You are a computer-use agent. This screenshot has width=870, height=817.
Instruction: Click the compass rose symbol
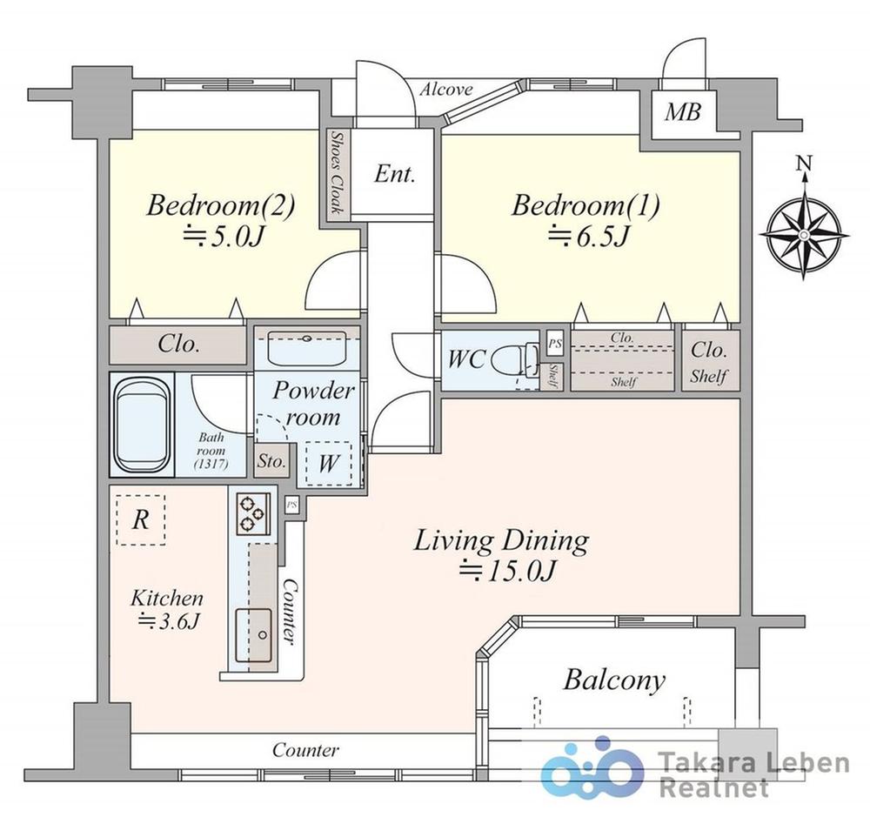point(804,234)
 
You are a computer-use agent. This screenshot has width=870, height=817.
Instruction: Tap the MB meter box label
point(682,112)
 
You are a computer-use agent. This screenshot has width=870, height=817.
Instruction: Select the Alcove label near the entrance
point(445,90)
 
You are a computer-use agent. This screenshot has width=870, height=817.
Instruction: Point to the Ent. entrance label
point(394,174)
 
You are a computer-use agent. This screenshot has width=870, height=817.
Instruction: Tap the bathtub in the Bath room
point(142,424)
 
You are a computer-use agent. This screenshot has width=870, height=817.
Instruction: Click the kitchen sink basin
point(253,635)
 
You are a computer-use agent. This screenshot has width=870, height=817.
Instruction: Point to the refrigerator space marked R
point(141,520)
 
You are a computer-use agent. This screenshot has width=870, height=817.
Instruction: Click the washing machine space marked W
point(329,464)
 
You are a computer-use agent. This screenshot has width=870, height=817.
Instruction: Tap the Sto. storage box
point(271,460)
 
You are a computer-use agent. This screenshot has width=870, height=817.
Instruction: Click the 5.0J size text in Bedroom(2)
point(223,237)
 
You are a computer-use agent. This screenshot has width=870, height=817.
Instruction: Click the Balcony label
point(613,680)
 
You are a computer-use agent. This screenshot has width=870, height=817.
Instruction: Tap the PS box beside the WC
point(554,345)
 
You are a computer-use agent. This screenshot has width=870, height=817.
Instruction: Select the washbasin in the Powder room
point(307,349)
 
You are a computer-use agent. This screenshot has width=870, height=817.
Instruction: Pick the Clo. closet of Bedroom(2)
point(178,345)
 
